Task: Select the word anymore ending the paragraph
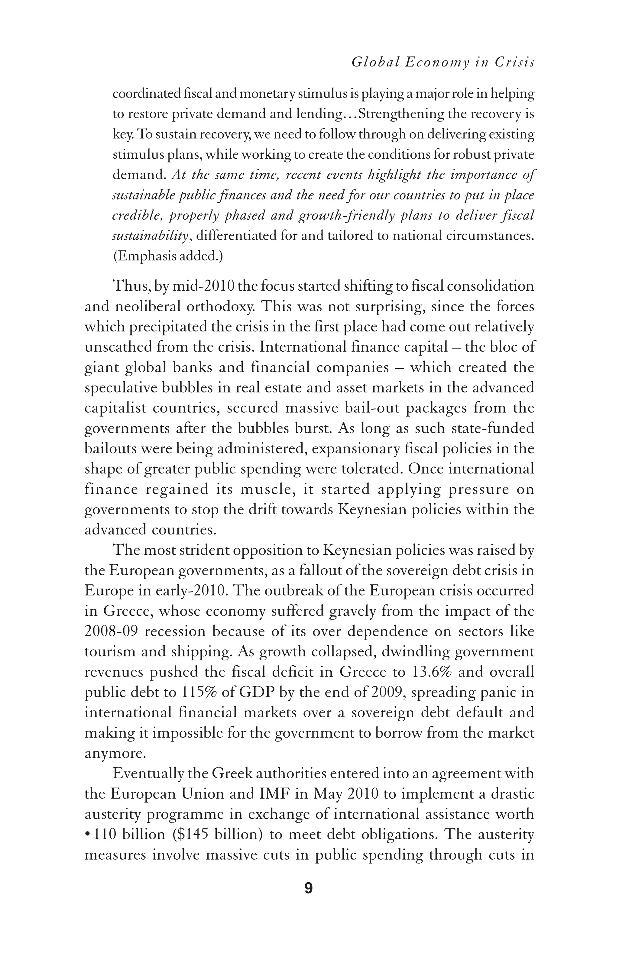[114, 754]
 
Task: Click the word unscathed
[118, 347]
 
